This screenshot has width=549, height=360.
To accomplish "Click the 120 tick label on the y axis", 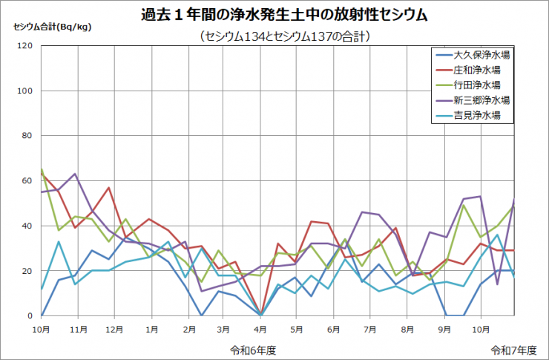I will (25, 46).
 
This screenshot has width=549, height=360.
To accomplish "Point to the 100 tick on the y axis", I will (25, 91).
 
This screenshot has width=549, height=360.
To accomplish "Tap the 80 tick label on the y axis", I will (27, 136).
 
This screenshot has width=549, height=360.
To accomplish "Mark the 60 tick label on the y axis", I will (27, 181).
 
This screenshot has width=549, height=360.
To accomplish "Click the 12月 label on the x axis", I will (115, 327).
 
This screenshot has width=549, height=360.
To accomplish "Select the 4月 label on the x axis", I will (260, 327).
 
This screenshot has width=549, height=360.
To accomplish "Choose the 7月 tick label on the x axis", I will (370, 327).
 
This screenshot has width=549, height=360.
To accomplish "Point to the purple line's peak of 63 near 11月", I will (75, 174).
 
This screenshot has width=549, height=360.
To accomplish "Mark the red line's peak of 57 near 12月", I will (109, 188).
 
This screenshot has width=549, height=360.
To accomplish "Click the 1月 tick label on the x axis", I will (151, 327).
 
